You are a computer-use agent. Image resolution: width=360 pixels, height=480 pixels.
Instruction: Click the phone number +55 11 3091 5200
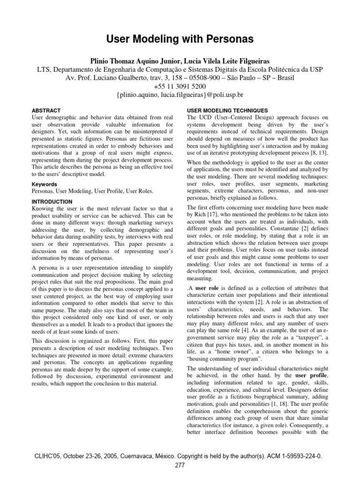pyautogui.click(x=180, y=87)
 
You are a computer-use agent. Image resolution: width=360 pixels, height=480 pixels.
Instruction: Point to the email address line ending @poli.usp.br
pyautogui.click(x=180, y=95)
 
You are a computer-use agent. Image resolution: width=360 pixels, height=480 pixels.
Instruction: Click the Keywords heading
pyautogui.click(x=44, y=184)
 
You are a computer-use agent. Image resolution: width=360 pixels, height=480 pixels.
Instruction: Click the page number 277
pyautogui.click(x=180, y=465)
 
